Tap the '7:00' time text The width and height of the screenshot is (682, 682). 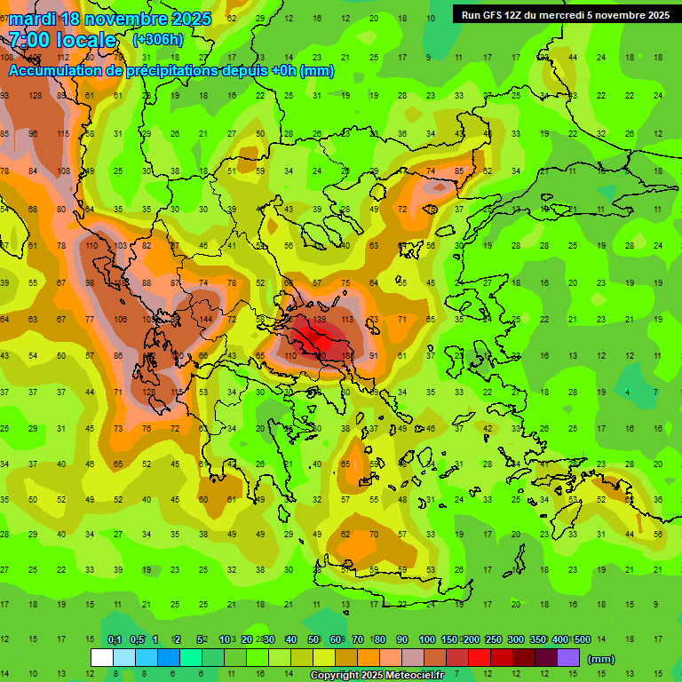pos(30,40)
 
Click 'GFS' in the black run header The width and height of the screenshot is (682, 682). pos(494,14)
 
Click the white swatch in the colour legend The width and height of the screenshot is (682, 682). pos(101,658)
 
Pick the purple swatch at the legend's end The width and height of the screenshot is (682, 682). pos(568,658)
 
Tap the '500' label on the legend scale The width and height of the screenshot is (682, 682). pos(582,640)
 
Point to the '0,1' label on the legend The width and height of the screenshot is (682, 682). pos(115,640)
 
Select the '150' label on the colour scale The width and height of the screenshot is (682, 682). pos(450,640)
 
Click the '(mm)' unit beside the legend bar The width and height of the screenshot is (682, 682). pos(601,659)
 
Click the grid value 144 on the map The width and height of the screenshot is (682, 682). pos(206,319)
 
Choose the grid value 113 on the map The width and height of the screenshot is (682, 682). pos(347,319)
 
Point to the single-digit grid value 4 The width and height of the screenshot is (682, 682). pos(628,392)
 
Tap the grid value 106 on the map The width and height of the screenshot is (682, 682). pos(121,319)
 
